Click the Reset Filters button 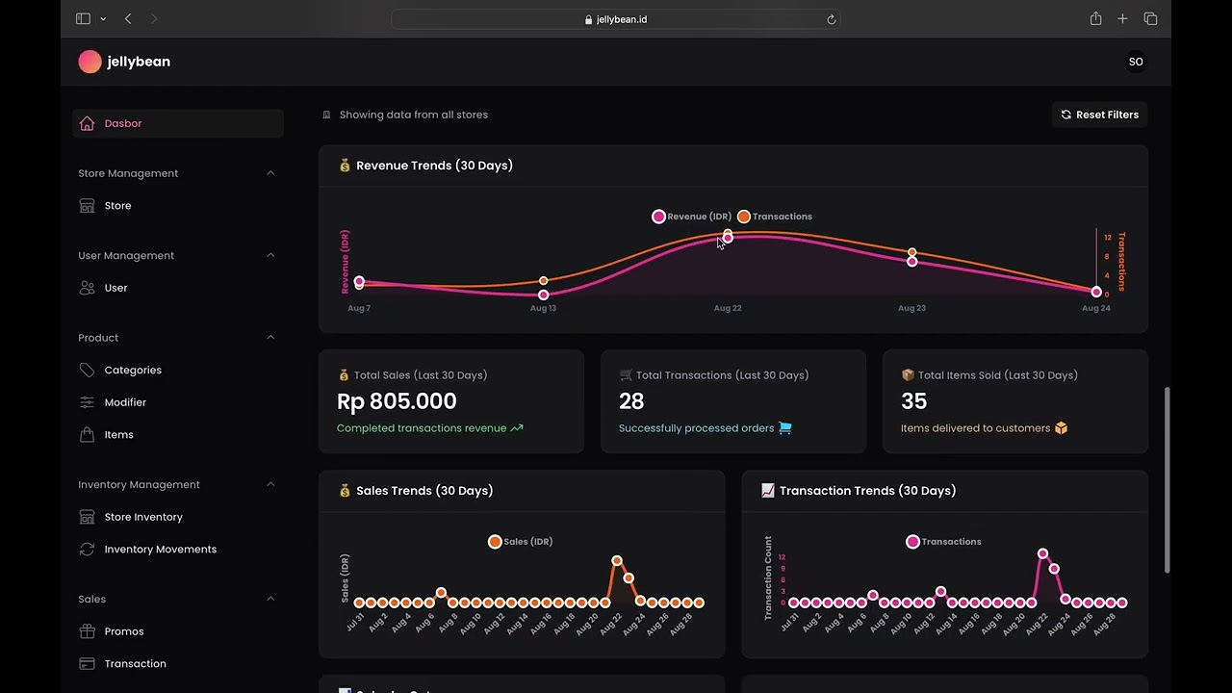pos(1099,115)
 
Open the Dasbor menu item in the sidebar pos(122,123)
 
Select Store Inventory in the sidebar pos(142,517)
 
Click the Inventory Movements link pos(160,550)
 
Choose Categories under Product pos(132,371)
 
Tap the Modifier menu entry pos(125,402)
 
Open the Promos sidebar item pos(123,631)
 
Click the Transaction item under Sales pos(135,664)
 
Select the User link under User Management pos(115,288)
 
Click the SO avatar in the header pos(1136,62)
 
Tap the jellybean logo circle pos(90,62)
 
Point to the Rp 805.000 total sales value pos(397,401)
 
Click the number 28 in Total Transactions pos(631,401)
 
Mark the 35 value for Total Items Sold pos(913,401)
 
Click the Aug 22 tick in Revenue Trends pos(728,308)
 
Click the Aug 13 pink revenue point pos(544,295)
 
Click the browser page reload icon pos(831,19)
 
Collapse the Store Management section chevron pos(270,173)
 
